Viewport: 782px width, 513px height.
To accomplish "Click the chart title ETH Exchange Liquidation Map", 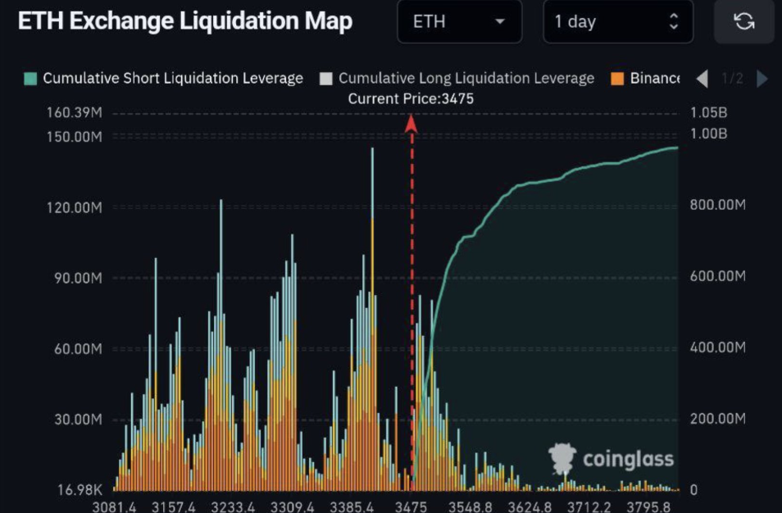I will (185, 22).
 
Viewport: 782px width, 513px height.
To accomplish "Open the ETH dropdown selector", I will (459, 22).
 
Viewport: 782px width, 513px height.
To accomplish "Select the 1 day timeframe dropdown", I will (617, 22).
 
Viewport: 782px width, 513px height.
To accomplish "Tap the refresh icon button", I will (744, 22).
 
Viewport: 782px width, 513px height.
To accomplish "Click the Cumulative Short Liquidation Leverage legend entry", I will (164, 79).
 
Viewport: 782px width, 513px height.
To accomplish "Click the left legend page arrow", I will (702, 79).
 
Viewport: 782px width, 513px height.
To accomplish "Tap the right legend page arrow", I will (762, 79).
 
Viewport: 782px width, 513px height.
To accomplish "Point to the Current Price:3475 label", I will (411, 99).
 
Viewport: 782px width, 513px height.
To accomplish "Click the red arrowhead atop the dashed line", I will (411, 123).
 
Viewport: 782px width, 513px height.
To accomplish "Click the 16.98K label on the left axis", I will (79, 490).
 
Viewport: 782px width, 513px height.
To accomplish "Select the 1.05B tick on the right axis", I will (709, 113).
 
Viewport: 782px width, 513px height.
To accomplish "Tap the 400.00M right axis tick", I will (717, 348).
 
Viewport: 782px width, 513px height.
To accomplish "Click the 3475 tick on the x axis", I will (411, 506).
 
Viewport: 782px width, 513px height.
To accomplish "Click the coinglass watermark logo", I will (611, 459).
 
